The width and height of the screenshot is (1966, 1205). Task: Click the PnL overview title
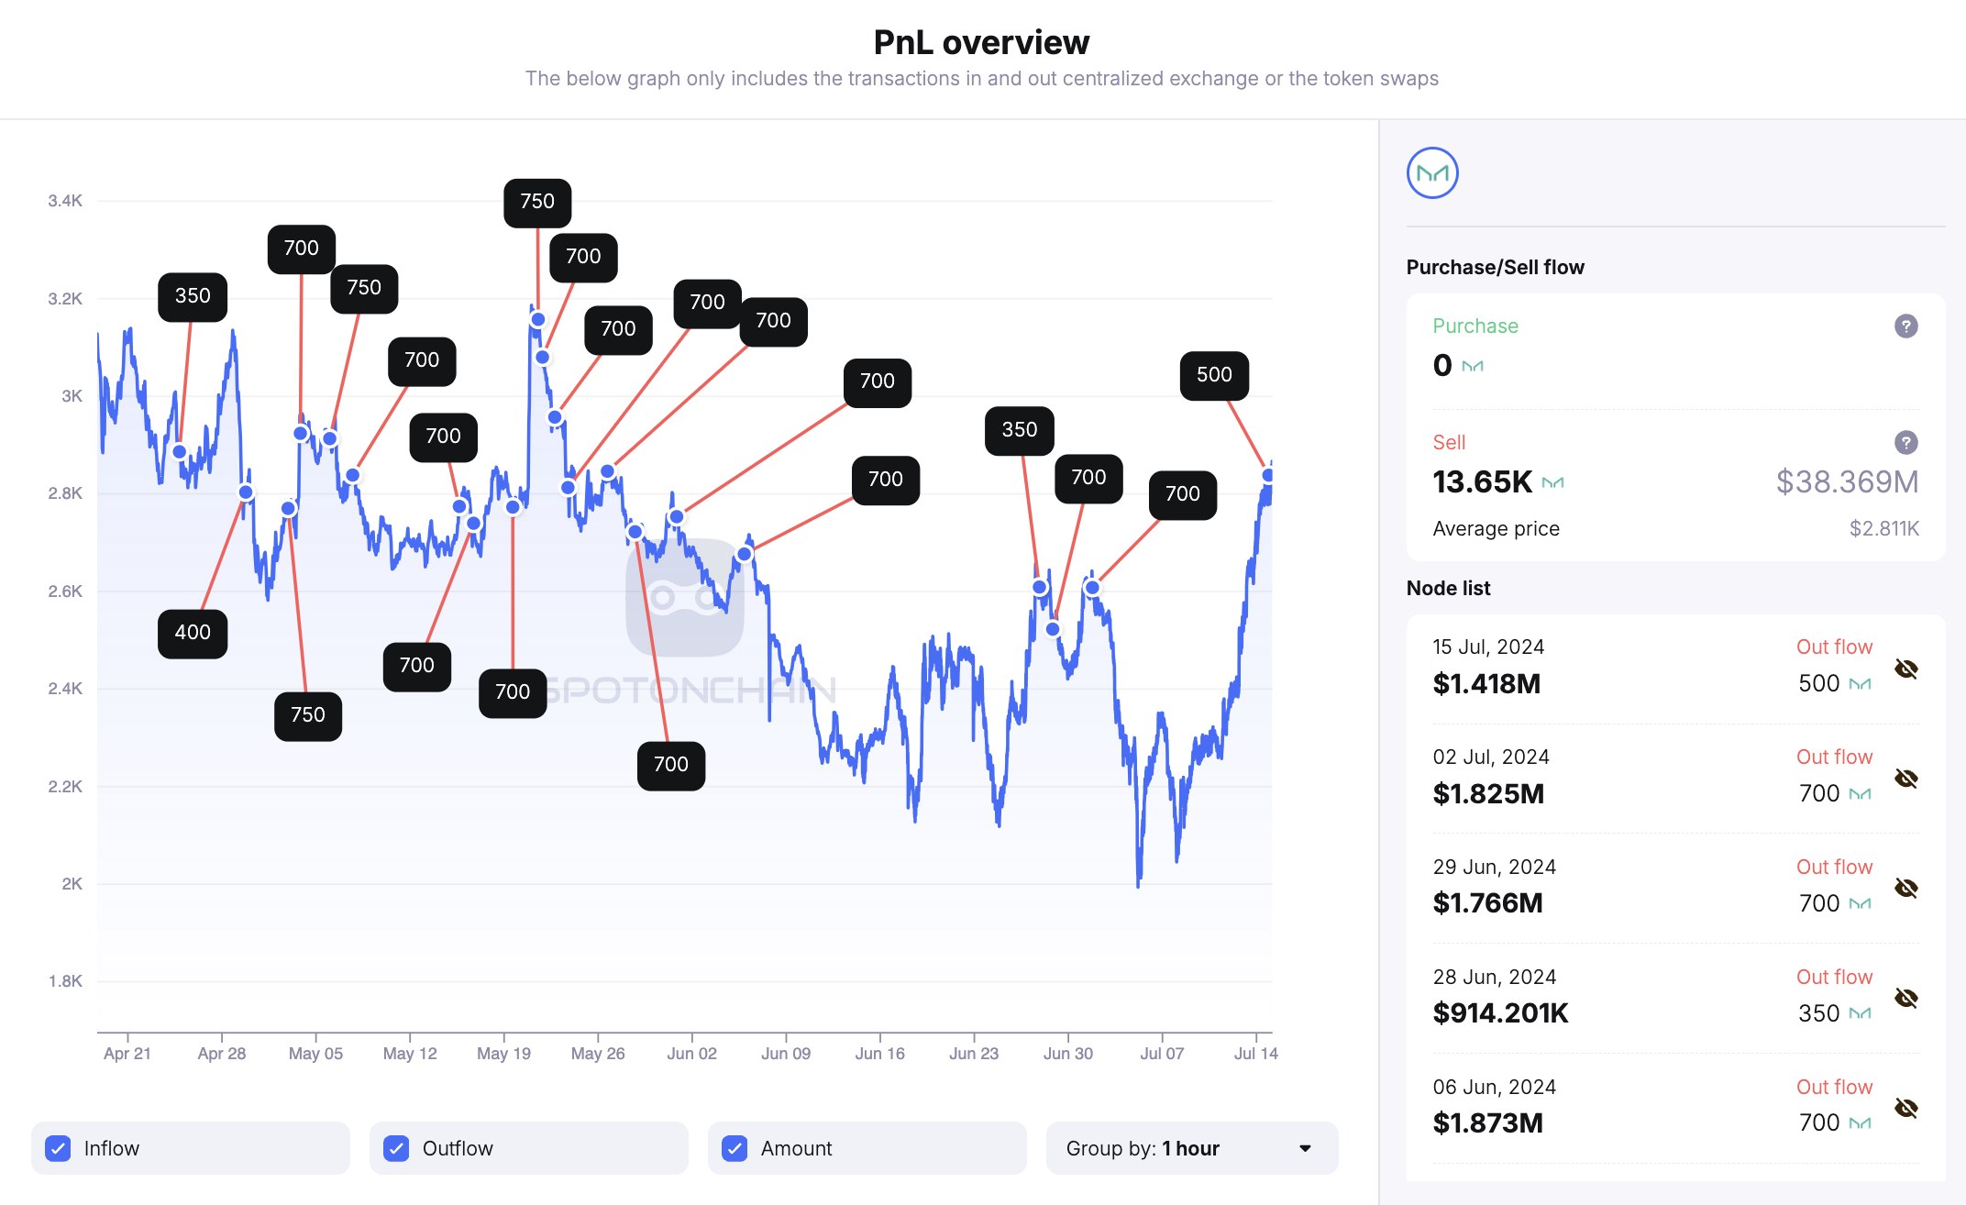pos(981,42)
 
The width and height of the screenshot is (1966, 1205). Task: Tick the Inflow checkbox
pos(58,1148)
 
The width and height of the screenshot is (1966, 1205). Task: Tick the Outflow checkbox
pos(396,1148)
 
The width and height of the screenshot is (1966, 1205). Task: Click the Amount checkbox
pos(734,1148)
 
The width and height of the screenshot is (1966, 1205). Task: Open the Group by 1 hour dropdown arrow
pos(1305,1148)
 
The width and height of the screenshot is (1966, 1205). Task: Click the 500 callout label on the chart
pos(1214,375)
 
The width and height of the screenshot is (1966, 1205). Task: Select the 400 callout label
pos(193,633)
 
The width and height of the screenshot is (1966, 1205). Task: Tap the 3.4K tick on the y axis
pos(65,201)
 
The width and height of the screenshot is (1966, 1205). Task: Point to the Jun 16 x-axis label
pos(879,1054)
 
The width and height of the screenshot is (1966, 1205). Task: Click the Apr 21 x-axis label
pos(127,1054)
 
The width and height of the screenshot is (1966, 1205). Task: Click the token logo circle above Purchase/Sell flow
pos(1432,173)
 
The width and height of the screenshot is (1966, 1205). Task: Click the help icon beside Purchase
pos(1905,326)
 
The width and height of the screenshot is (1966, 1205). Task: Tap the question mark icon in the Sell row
pos(1905,443)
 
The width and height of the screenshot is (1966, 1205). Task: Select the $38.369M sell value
pos(1847,481)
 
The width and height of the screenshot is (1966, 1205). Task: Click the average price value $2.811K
pos(1883,528)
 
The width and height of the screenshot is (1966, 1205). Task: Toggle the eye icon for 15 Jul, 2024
pos(1905,669)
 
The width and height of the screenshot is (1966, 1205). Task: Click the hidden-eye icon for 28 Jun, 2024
pos(1905,998)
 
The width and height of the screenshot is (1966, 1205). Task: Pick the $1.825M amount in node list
pos(1488,793)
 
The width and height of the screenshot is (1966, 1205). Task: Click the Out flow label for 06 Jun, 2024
pos(1834,1087)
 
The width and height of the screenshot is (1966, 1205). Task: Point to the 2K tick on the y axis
pos(72,884)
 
